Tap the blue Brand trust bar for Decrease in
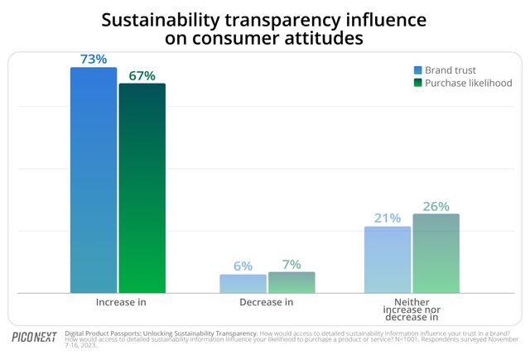coord(243,283)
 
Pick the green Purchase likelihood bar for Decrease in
coord(291,282)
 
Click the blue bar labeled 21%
coord(387,259)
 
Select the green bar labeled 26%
coord(436,253)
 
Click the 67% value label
coord(142,75)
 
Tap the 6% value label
coord(243,266)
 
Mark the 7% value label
coord(291,263)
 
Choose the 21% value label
coord(387,218)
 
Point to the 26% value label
coord(436,206)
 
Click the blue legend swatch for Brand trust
coord(418,70)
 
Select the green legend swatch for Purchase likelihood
coord(418,83)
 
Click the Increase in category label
coord(118,302)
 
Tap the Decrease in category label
coord(267,302)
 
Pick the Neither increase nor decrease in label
coord(411,310)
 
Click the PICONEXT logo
coord(34,338)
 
